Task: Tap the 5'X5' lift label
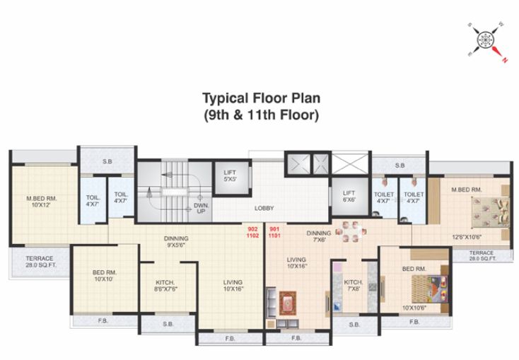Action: pos(230,176)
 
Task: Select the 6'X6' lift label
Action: pos(349,197)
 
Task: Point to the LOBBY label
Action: pos(264,208)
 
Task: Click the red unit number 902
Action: pos(253,228)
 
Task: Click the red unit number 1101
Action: pos(274,236)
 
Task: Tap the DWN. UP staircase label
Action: pos(201,208)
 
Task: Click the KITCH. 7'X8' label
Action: pos(353,286)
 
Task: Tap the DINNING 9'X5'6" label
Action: pos(175,242)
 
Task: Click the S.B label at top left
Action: pos(107,162)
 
